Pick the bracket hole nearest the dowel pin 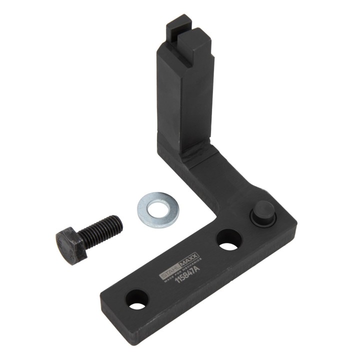[x=228, y=239]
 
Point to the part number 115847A [x=187, y=274]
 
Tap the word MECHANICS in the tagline [x=192, y=265]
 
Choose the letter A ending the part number [x=200, y=268]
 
